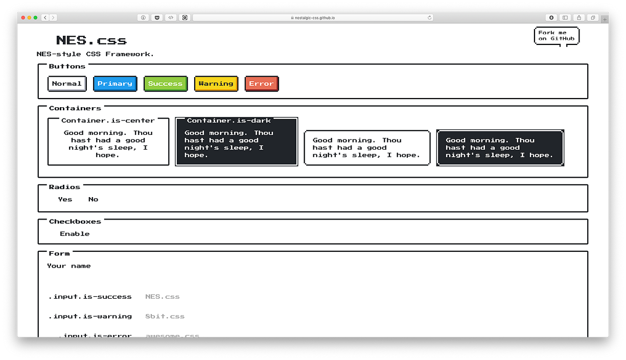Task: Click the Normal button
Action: pos(67,84)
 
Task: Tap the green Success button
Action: pos(166,84)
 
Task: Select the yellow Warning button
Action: pos(216,84)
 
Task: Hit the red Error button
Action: pos(262,84)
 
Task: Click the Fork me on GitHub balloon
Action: pos(557,36)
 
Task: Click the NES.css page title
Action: pos(91,40)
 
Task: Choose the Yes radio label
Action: pos(65,199)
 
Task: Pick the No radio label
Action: pos(93,199)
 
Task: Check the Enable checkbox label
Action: pos(75,234)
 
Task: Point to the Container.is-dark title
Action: pos(229,121)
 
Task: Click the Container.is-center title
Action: pos(108,121)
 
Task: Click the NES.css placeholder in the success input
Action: pos(163,297)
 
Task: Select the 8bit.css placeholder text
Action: pos(165,316)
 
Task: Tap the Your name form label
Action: pos(69,266)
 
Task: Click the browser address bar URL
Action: pos(315,17)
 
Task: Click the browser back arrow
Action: pos(45,17)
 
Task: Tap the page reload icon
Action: pos(430,17)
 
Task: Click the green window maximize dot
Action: pos(35,17)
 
